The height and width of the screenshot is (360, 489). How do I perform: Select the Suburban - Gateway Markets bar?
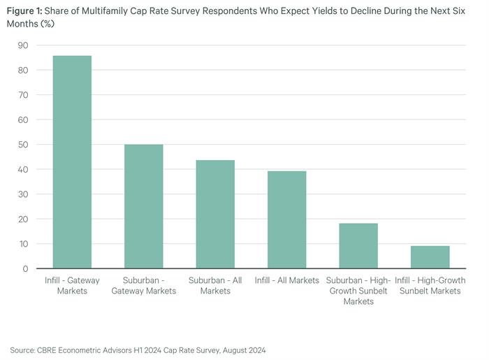(143, 206)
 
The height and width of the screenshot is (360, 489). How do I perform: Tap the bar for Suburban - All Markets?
(215, 215)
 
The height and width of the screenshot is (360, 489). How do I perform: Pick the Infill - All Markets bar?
(286, 220)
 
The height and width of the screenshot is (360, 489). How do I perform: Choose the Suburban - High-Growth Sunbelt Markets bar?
(358, 246)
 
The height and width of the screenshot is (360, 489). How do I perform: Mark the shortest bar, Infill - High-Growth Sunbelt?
(430, 257)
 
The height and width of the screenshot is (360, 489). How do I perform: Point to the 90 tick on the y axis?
(23, 45)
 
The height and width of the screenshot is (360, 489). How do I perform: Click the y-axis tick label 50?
(23, 145)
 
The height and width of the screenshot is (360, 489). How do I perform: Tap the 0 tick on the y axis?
(25, 268)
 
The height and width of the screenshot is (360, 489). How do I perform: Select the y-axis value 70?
(23, 95)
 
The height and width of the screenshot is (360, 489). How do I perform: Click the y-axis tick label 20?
(23, 219)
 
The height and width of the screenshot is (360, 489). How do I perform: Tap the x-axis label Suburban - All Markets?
(215, 285)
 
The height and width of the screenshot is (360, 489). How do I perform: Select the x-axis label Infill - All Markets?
(286, 280)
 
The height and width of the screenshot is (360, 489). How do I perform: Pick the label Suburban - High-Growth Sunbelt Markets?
(358, 291)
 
